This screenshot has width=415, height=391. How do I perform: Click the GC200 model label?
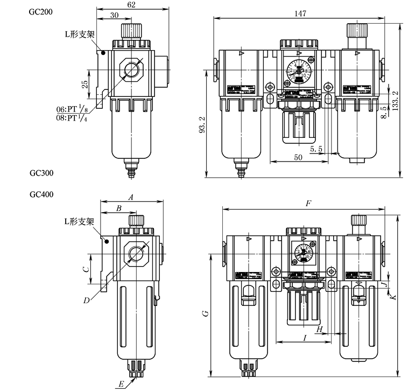point(41,11)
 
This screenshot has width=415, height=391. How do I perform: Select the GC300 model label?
point(41,173)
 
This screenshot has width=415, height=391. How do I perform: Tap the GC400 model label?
point(41,193)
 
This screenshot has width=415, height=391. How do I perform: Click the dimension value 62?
point(132,5)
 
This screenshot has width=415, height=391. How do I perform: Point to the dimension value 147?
point(301,12)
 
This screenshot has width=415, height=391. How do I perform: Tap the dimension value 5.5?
point(317,148)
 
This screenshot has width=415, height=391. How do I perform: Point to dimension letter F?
point(307,204)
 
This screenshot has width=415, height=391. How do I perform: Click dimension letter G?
point(205,313)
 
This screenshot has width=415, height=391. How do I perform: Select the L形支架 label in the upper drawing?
point(79,34)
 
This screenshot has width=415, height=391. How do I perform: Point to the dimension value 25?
point(85,84)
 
